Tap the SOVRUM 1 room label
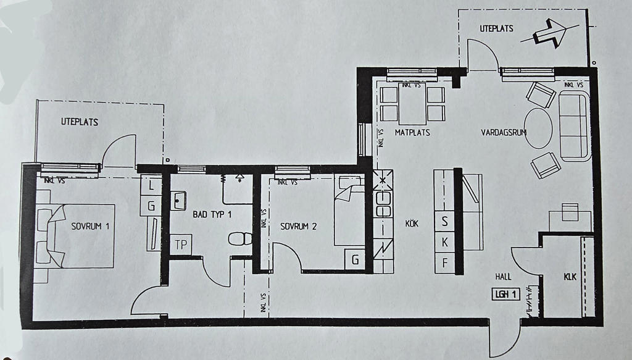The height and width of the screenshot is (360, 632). click(90, 226)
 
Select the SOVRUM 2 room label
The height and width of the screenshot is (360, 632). click(298, 227)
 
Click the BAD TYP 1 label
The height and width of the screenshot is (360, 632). click(212, 214)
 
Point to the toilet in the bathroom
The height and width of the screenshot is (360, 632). click(240, 238)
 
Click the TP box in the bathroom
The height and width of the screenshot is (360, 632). click(181, 245)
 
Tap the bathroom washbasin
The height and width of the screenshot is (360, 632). click(178, 200)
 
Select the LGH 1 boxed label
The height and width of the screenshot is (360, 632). click(506, 295)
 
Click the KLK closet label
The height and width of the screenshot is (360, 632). click(570, 277)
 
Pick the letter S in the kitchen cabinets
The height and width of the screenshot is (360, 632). click(444, 221)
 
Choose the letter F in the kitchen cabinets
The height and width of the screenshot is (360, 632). click(444, 263)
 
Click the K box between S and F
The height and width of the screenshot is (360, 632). click(444, 242)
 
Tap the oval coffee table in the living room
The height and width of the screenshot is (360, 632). click(538, 128)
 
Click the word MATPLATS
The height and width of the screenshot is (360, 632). click(412, 132)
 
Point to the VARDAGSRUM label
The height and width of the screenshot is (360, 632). click(504, 132)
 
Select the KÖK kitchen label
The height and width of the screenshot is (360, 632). click(412, 223)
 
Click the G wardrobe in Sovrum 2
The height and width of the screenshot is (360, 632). click(355, 260)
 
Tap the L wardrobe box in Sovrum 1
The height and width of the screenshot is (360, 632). click(151, 186)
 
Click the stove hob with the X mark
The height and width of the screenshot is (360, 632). click(383, 180)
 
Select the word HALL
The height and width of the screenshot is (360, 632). click(503, 277)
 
